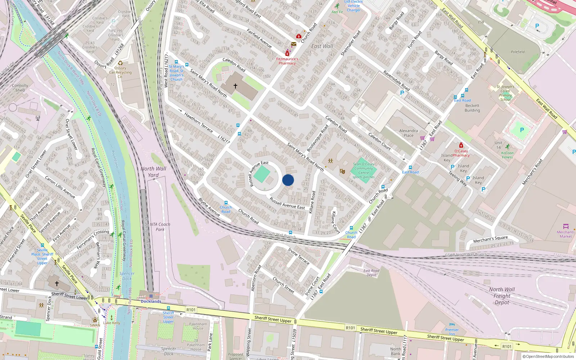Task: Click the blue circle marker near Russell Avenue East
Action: pyautogui.click(x=288, y=180)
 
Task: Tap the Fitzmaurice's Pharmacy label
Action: pyautogui.click(x=287, y=61)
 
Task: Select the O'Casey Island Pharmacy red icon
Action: pyautogui.click(x=461, y=145)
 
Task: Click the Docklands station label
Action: pyautogui.click(x=151, y=301)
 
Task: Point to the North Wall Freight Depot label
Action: pyautogui.click(x=502, y=296)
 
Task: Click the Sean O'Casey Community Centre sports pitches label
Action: pyautogui.click(x=364, y=170)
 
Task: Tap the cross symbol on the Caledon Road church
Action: pyautogui.click(x=235, y=86)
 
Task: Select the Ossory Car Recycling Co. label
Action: pyautogui.click(x=121, y=72)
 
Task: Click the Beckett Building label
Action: pyautogui.click(x=472, y=108)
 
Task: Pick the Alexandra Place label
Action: pyautogui.click(x=409, y=133)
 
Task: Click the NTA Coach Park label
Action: pyautogui.click(x=160, y=226)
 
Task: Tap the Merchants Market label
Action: pyautogui.click(x=565, y=234)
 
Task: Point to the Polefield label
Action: pyautogui.click(x=517, y=52)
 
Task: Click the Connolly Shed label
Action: pyautogui.click(x=20, y=88)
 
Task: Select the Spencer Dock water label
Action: pyautogui.click(x=127, y=276)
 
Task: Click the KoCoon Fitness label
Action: pyautogui.click(x=507, y=155)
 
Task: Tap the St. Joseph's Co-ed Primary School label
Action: pyautogui.click(x=505, y=93)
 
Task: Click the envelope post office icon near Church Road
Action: pyautogui.click(x=294, y=44)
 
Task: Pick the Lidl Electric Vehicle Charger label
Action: pyautogui.click(x=354, y=6)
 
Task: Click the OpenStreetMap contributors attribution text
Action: pyautogui.click(x=548, y=356)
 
